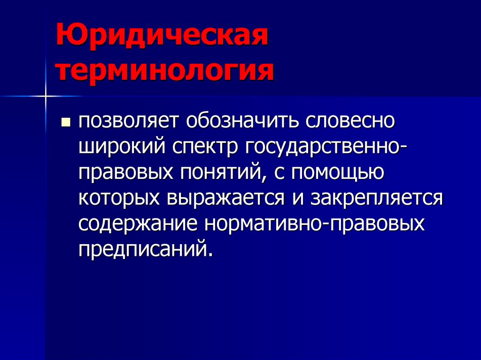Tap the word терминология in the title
click(165, 72)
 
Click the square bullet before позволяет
click(65, 123)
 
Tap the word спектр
click(205, 147)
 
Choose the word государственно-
click(326, 147)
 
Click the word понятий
click(220, 173)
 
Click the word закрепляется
click(375, 198)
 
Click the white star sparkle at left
click(46, 96)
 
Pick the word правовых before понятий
click(125, 173)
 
